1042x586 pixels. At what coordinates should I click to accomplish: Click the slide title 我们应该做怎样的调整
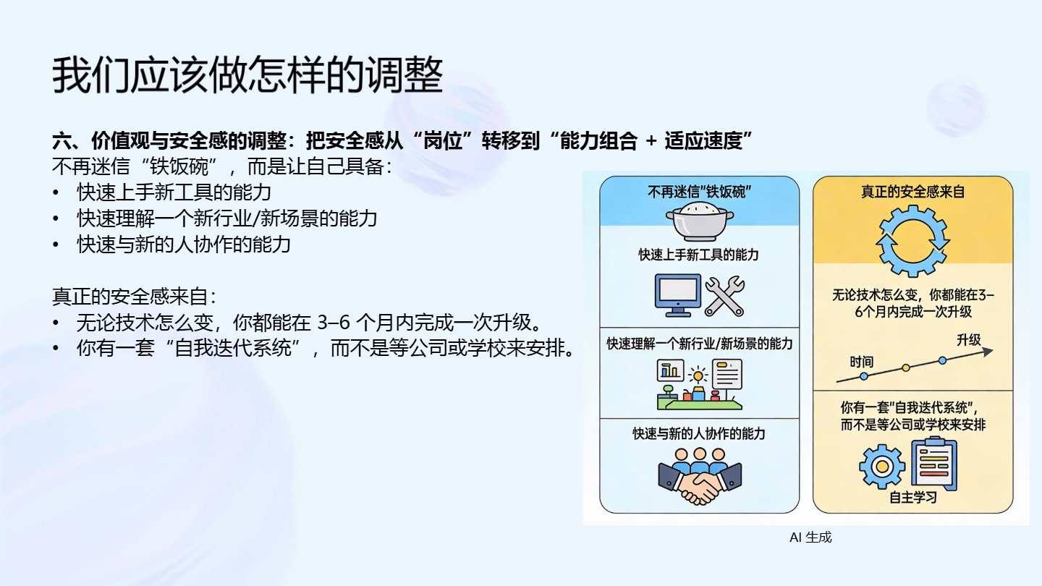(x=247, y=75)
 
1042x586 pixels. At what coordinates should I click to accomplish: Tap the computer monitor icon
(x=677, y=294)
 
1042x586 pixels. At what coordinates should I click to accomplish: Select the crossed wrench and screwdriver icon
(x=724, y=295)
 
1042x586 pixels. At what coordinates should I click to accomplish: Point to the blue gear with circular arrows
(x=912, y=241)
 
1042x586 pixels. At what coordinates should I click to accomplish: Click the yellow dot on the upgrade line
(x=905, y=368)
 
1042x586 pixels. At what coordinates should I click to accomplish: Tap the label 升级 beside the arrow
(x=968, y=339)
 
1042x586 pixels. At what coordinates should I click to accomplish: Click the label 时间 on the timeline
(x=861, y=361)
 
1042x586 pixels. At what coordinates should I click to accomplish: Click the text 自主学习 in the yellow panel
(x=912, y=498)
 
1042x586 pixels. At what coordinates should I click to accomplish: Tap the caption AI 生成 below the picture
(x=810, y=538)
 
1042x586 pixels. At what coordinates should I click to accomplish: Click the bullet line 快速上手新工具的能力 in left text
(x=174, y=193)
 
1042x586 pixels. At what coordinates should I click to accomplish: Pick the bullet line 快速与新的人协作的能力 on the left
(x=184, y=244)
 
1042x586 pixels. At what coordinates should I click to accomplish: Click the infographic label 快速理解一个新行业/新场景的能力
(x=699, y=344)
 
